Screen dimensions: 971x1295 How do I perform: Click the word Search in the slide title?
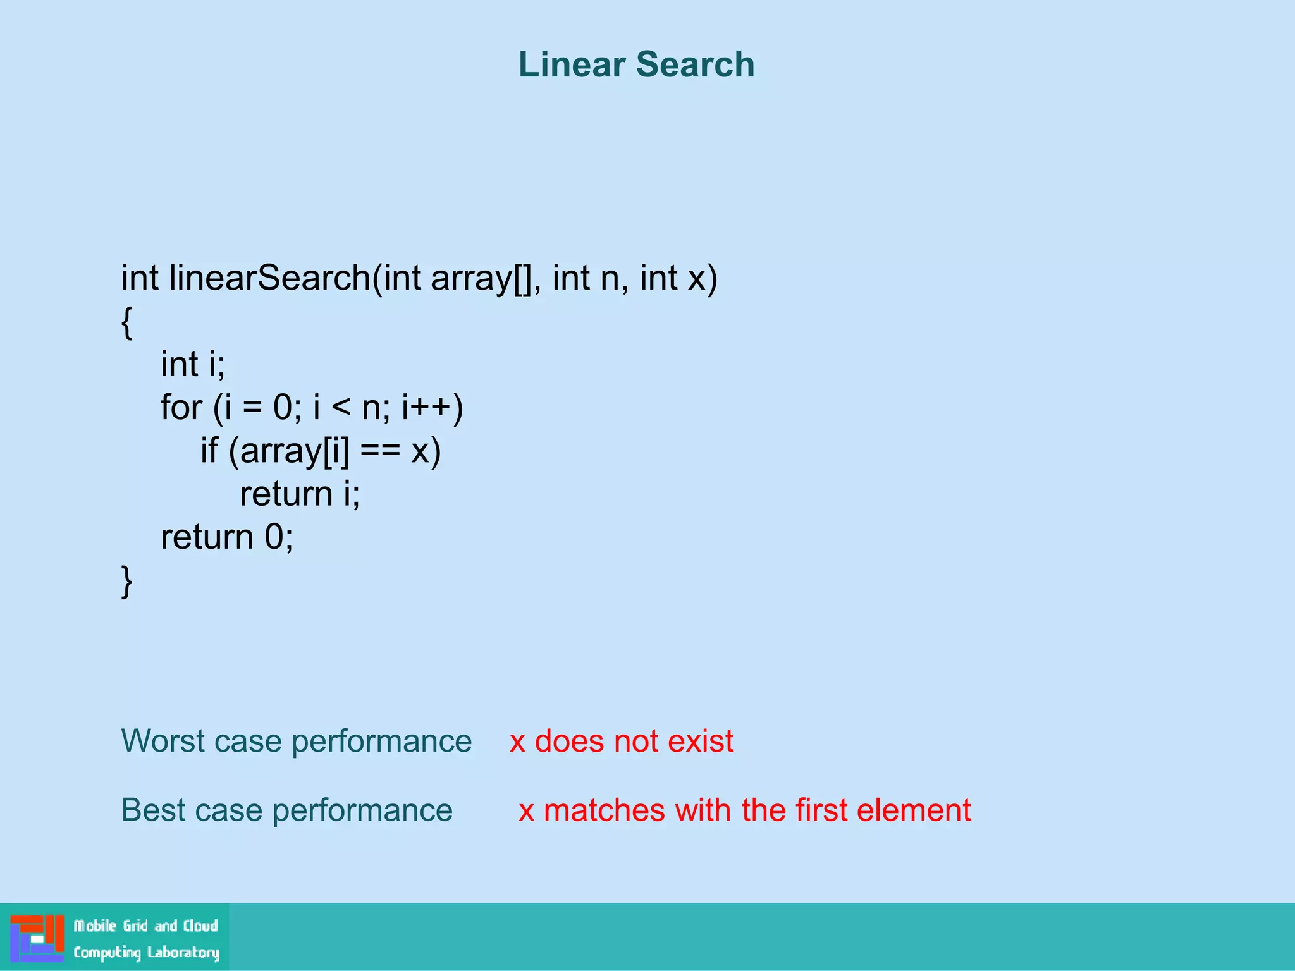(695, 64)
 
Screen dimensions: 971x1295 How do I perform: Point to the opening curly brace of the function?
(127, 322)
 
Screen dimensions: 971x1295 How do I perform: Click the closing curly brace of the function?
(127, 581)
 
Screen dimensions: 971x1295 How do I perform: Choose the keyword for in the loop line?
(181, 407)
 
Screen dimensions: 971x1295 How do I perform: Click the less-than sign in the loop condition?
(340, 408)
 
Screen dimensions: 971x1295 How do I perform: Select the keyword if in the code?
(209, 450)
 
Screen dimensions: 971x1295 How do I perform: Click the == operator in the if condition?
(380, 451)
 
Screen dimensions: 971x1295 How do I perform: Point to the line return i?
(300, 494)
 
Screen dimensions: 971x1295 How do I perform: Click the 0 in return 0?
(274, 537)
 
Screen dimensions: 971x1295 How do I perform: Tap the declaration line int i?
(193, 364)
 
